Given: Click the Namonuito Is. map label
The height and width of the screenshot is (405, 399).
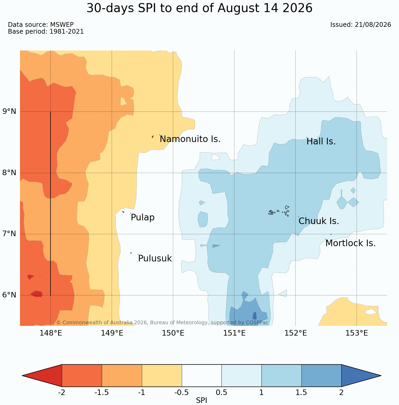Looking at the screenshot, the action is coord(190,139).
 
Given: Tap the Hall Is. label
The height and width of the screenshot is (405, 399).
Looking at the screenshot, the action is coord(321,141).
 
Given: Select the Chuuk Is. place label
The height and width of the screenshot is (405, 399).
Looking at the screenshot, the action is coord(319,221).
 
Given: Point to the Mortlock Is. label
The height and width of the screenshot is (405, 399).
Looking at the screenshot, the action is coord(351,243).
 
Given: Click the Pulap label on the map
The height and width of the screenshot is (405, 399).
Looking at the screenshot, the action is coord(143,218).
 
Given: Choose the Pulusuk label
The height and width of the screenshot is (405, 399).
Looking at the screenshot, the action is coord(155,259).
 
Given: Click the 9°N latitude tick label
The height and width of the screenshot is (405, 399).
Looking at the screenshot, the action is coord(9,112).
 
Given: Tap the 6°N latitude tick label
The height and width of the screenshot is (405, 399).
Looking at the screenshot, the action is coord(9,295).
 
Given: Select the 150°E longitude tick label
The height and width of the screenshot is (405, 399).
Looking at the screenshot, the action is coord(173,333).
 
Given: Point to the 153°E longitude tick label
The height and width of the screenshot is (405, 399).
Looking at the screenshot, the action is coord(357,333).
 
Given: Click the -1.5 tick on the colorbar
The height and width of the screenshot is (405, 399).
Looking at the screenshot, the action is coord(102,393).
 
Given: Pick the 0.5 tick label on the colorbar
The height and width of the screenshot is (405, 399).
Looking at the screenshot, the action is coord(221,393).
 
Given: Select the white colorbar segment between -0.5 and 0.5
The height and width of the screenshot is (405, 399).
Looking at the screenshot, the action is coord(202,376).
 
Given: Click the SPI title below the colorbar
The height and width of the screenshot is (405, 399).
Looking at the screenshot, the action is coord(201,401).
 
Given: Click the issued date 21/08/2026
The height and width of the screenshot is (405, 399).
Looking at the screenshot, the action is coord(373,25).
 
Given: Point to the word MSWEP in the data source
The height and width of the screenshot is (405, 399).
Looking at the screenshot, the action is coord(62,25).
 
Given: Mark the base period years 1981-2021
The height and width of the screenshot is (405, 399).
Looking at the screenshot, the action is coord(67,32).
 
